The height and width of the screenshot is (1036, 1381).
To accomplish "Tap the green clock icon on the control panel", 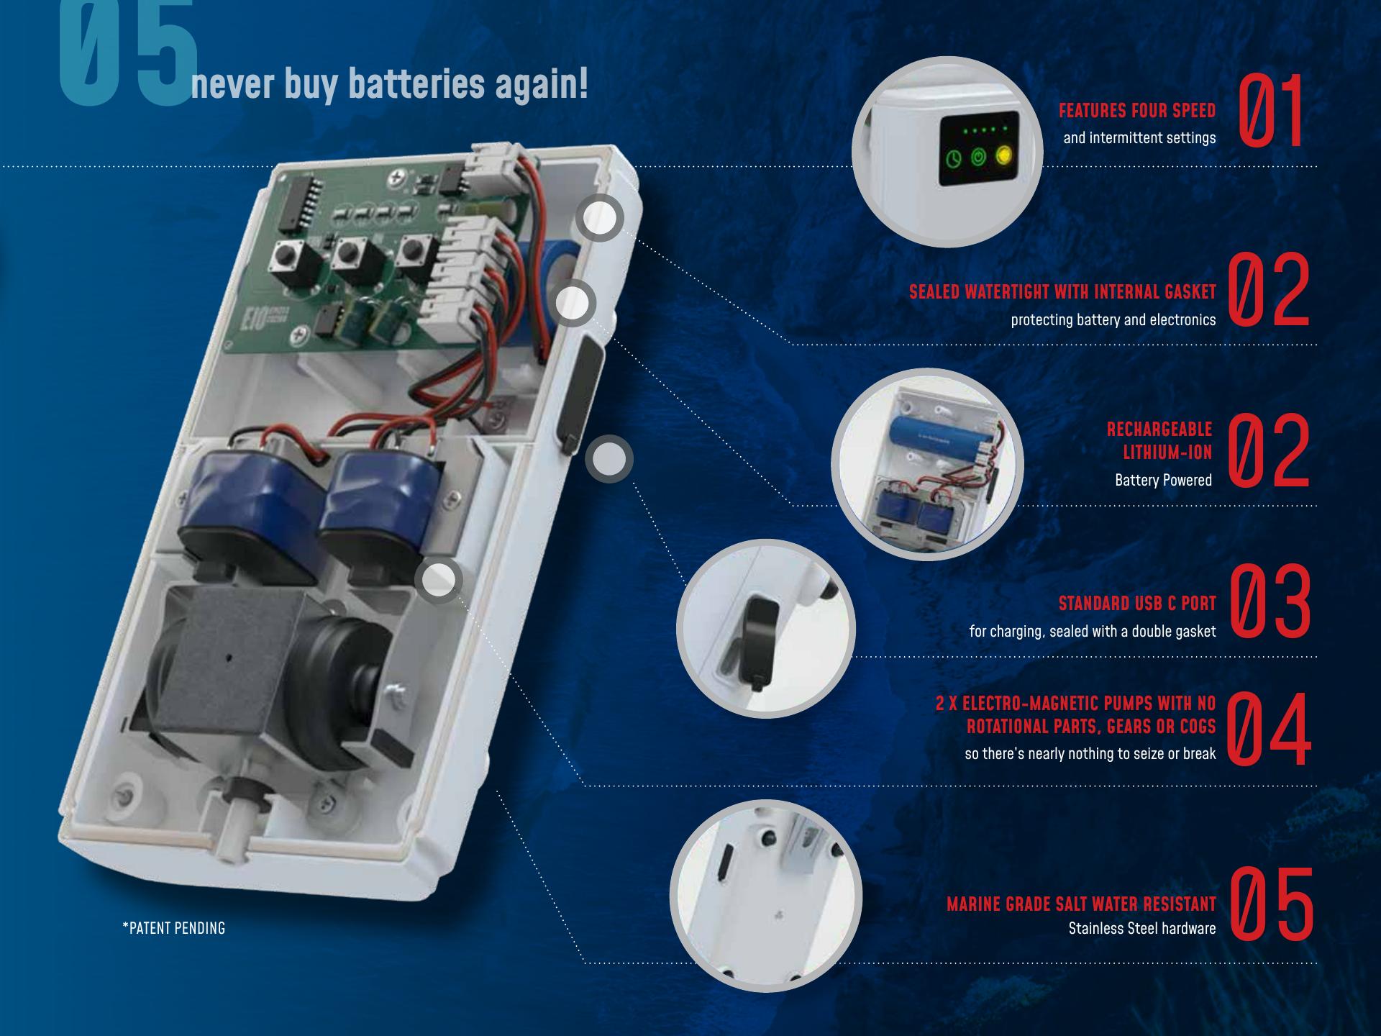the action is [x=954, y=158].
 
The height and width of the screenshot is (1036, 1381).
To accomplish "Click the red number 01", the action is [x=1272, y=112].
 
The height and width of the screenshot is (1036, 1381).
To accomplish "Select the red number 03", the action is [x=1271, y=601].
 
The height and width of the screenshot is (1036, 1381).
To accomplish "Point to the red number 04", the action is [x=1270, y=730].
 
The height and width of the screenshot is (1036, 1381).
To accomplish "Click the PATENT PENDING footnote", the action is [x=174, y=928].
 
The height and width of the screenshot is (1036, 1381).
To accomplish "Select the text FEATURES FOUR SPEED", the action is [x=1137, y=111].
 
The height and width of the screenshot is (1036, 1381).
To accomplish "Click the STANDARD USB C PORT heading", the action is [x=1137, y=604].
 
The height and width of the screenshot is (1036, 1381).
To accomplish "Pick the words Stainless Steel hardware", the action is [x=1142, y=929].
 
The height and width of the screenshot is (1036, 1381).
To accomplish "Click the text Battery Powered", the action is [x=1163, y=480].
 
